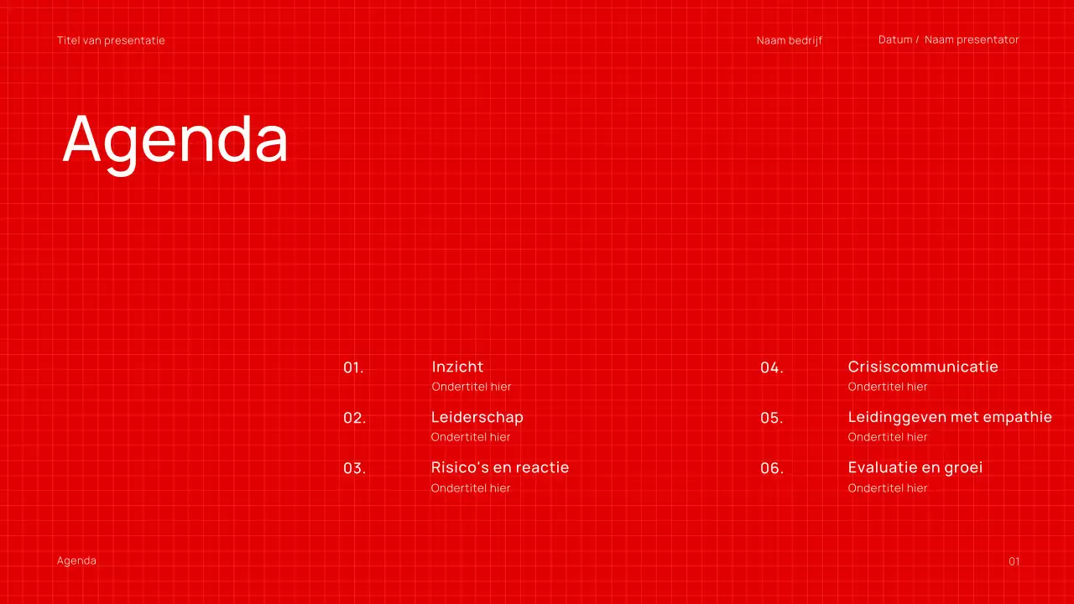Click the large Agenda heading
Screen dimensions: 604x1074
click(175, 139)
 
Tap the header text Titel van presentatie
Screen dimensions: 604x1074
click(111, 40)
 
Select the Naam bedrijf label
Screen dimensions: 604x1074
click(789, 40)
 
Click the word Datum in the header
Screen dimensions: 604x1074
click(895, 39)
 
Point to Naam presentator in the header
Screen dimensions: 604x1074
click(972, 39)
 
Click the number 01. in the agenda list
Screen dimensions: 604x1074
click(353, 367)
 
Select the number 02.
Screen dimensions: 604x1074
click(354, 418)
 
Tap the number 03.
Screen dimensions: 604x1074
click(354, 468)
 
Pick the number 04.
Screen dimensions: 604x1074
click(771, 367)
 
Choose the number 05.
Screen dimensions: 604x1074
click(771, 418)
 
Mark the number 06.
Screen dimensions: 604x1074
click(771, 468)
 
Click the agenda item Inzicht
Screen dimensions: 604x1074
click(457, 367)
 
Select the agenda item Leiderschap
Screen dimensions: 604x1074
click(477, 417)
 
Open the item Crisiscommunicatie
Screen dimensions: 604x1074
click(923, 367)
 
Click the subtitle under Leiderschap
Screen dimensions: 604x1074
click(471, 437)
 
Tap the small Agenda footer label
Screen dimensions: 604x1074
click(76, 560)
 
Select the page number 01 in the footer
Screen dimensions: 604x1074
click(1014, 561)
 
